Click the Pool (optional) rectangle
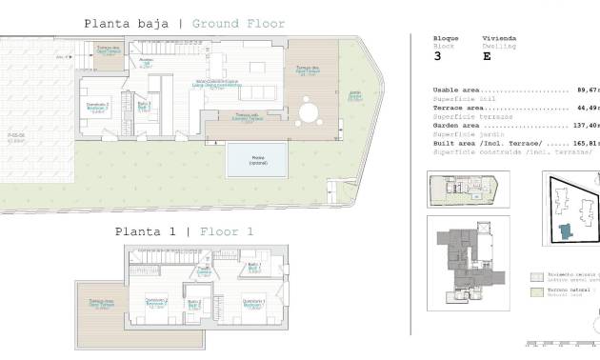click(257, 160)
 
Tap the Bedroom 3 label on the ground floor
click(98, 107)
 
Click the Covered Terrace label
click(242, 116)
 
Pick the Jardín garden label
click(353, 96)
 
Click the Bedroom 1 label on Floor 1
click(253, 305)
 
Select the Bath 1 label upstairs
click(253, 269)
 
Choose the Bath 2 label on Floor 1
click(194, 305)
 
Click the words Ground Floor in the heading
click(237, 24)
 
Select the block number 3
click(437, 56)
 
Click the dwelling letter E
click(488, 56)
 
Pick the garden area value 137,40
click(583, 125)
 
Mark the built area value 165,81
click(583, 142)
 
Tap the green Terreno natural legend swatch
click(536, 292)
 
